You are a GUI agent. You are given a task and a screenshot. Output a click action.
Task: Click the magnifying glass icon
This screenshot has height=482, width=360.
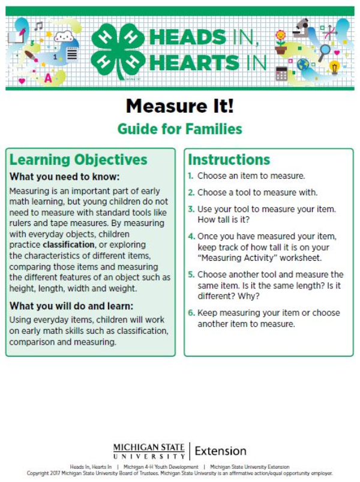tap(325, 51)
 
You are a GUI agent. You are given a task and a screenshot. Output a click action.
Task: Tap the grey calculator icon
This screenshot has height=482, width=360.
tap(281, 74)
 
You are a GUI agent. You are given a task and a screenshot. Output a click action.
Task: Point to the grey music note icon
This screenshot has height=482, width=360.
tap(38, 26)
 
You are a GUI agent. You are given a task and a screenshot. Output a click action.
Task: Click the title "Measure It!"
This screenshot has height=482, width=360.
tap(179, 106)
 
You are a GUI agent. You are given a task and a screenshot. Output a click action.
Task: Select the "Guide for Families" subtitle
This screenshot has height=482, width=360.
tap(179, 128)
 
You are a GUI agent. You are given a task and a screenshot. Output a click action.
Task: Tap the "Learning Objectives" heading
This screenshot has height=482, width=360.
tap(78, 159)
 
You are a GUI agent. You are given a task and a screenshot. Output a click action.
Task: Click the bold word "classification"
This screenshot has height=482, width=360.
tap(68, 245)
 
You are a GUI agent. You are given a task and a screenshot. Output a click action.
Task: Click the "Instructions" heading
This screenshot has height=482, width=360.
tap(229, 159)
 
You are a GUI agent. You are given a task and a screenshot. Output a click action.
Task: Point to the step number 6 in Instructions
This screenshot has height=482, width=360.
tap(191, 313)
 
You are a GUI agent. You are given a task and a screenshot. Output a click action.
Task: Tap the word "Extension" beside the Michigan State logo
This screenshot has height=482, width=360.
tap(220, 451)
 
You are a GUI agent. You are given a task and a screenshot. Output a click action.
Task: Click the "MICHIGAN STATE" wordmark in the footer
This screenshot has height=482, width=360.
tap(149, 447)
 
